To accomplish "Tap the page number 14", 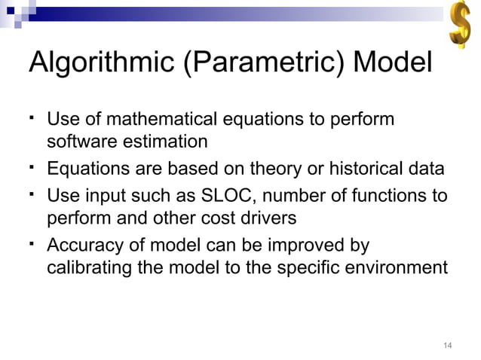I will [x=447, y=346].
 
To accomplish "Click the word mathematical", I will [x=160, y=120].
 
